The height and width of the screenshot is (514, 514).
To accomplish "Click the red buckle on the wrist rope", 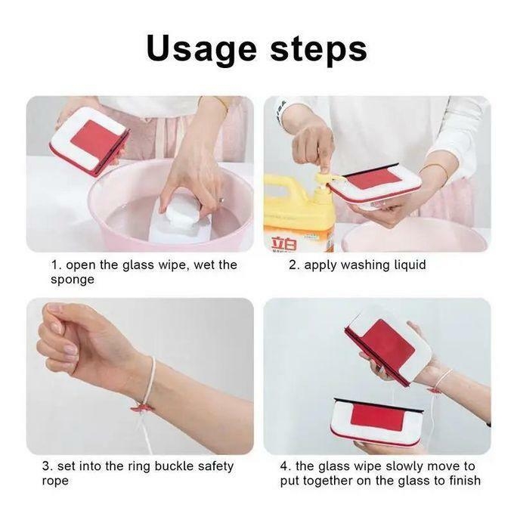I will click(x=143, y=407).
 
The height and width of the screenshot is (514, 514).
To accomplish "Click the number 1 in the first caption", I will click(x=54, y=265).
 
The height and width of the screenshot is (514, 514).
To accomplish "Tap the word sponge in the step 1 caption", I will click(x=72, y=280).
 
